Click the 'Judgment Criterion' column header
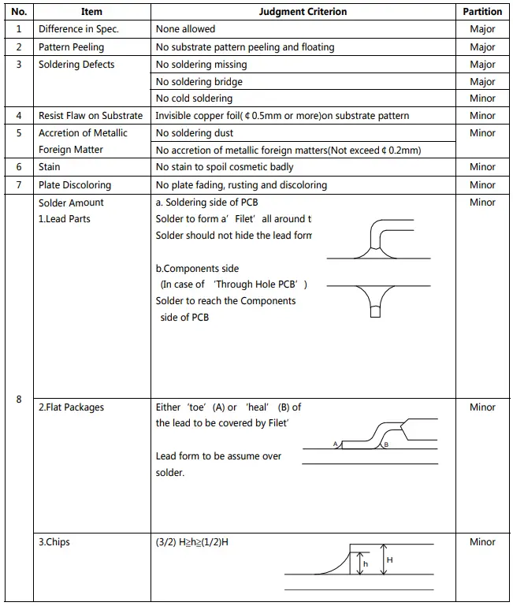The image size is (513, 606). click(x=303, y=12)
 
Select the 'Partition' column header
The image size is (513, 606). click(x=482, y=12)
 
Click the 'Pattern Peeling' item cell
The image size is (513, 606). click(x=71, y=47)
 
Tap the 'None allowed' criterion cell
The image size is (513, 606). click(x=185, y=29)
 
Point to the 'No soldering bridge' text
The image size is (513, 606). click(x=199, y=82)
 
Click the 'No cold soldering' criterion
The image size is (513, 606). click(x=194, y=99)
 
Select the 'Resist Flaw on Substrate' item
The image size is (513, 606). click(x=91, y=116)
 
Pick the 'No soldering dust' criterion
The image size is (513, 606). click(x=195, y=133)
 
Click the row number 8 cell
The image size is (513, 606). click(x=19, y=400)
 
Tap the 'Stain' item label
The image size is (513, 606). click(x=49, y=167)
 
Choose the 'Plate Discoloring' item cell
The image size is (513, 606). click(x=75, y=185)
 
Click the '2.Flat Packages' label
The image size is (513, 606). click(x=71, y=407)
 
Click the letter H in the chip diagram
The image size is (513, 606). click(x=390, y=560)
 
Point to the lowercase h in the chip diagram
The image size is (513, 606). click(x=365, y=564)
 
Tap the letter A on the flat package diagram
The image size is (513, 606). click(x=335, y=444)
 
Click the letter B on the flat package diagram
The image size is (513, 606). click(x=385, y=445)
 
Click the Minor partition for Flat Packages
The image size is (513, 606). click(x=482, y=407)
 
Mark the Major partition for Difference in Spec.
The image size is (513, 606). click(x=482, y=29)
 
